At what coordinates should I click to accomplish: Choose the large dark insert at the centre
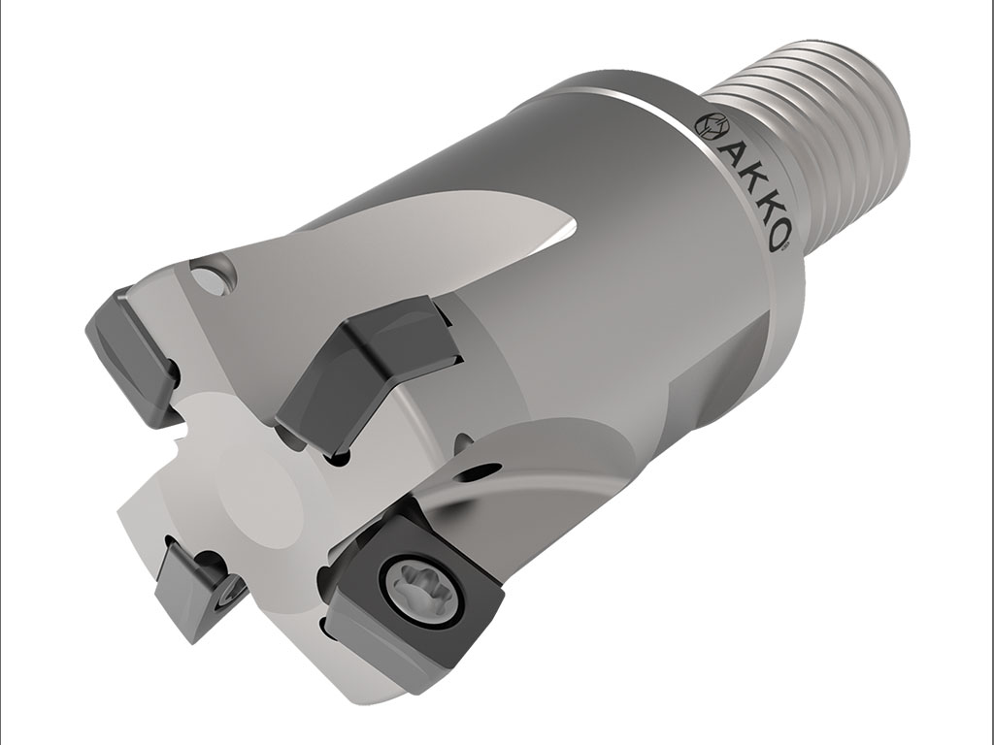coord(364,373)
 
